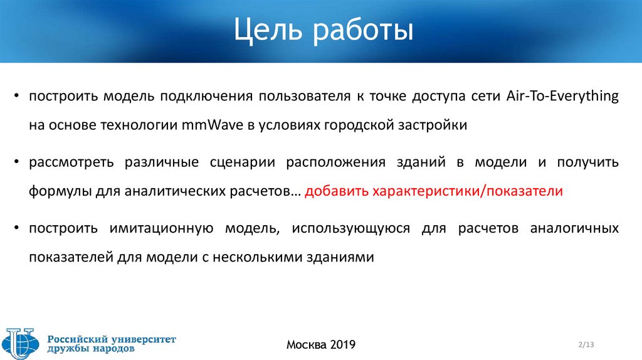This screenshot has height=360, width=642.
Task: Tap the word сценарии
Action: [242, 162]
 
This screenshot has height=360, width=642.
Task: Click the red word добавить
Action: [337, 191]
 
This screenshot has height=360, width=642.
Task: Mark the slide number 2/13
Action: [586, 344]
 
